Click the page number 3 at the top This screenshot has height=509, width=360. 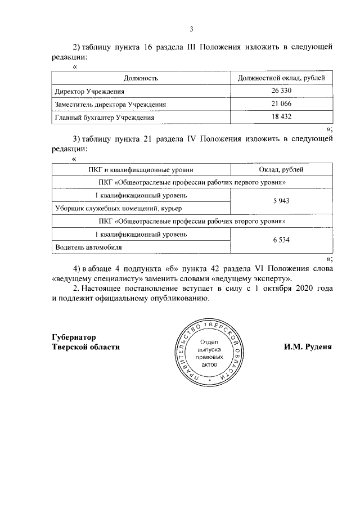pyautogui.click(x=191, y=29)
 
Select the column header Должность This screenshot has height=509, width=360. pyautogui.click(x=141, y=78)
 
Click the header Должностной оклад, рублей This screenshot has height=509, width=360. pyautogui.click(x=281, y=78)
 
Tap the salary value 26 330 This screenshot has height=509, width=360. pyautogui.click(x=281, y=91)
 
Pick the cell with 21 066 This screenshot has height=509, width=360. pyautogui.click(x=281, y=104)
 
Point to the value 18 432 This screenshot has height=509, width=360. pyautogui.click(x=281, y=117)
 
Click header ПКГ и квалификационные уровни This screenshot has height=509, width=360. pyautogui.click(x=141, y=169)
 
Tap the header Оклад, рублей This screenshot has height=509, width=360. pyautogui.click(x=281, y=169)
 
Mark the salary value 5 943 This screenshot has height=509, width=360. pyautogui.click(x=281, y=201)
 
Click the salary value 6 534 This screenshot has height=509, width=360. pyautogui.click(x=281, y=240)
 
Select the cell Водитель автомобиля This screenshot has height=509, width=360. pyautogui.click(x=87, y=247)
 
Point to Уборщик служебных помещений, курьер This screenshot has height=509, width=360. pyautogui.click(x=115, y=208)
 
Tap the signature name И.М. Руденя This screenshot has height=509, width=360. pyautogui.click(x=308, y=347)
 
